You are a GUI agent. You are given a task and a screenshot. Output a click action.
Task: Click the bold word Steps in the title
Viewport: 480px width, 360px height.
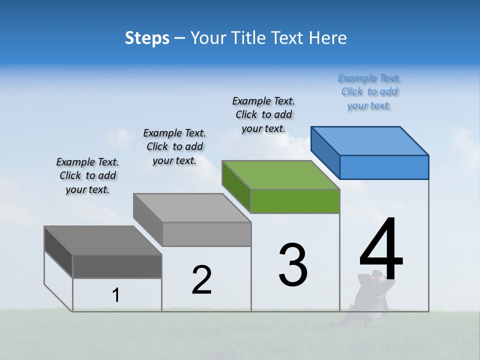147,38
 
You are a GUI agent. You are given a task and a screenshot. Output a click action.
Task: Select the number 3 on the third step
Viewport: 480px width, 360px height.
293,264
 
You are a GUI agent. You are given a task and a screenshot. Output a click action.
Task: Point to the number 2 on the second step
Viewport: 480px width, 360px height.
202,280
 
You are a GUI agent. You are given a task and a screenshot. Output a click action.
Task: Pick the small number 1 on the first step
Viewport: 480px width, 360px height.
116,295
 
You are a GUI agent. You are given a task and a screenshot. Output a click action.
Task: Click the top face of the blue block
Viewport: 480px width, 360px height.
369,141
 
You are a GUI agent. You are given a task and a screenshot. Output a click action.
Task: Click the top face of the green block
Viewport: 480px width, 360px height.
281,175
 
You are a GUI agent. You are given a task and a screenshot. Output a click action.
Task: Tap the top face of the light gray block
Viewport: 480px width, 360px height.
192,208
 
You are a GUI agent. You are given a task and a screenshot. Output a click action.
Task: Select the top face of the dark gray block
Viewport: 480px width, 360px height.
103,240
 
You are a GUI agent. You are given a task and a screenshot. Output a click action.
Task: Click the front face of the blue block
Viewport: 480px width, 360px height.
384,167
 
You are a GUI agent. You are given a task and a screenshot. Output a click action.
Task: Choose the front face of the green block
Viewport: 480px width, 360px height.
295,201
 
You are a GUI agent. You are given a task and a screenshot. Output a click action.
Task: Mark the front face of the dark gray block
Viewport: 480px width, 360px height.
117,266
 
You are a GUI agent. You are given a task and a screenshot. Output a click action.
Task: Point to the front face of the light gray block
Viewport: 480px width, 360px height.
206,234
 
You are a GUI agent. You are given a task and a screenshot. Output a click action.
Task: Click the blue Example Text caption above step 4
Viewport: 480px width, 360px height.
369,92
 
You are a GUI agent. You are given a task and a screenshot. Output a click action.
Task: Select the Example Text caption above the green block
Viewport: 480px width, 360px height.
263,114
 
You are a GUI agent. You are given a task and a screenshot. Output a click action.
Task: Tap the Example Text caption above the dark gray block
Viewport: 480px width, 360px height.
87,175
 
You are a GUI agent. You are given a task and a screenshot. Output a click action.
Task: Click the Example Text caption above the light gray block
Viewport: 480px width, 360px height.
174,146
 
